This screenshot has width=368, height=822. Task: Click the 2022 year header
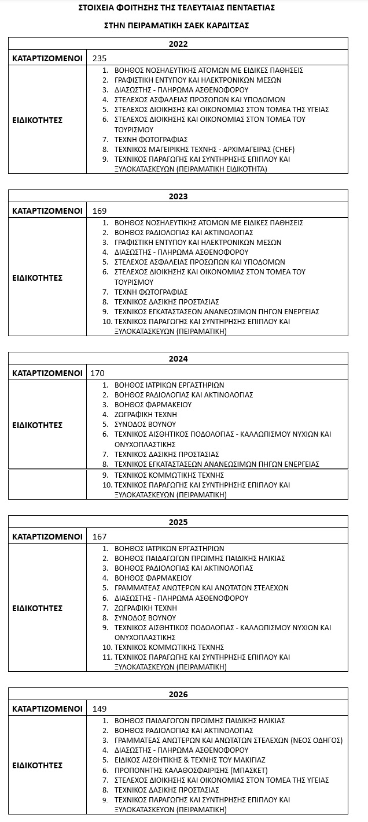tap(178, 44)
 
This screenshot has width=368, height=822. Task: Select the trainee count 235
tap(100, 58)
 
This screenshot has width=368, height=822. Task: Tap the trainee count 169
tap(100, 211)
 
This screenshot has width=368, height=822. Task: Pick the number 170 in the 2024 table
tap(98, 373)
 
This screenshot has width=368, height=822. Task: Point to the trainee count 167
tap(100, 537)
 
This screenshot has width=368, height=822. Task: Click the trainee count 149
tap(100, 709)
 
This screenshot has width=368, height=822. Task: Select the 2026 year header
tap(178, 694)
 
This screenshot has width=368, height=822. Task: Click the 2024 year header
tap(178, 359)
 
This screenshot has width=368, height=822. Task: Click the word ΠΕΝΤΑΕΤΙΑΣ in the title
tap(244, 8)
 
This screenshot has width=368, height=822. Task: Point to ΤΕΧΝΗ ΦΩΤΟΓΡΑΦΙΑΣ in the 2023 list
tap(151, 292)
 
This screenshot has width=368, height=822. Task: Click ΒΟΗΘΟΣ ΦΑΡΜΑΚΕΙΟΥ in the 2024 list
tap(153, 405)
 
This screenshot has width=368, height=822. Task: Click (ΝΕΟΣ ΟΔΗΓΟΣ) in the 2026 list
tap(313, 741)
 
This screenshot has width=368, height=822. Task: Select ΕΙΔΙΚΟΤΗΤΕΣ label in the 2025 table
tap(37, 608)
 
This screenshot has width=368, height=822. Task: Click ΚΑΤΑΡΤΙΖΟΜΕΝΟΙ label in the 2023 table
tap(47, 211)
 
